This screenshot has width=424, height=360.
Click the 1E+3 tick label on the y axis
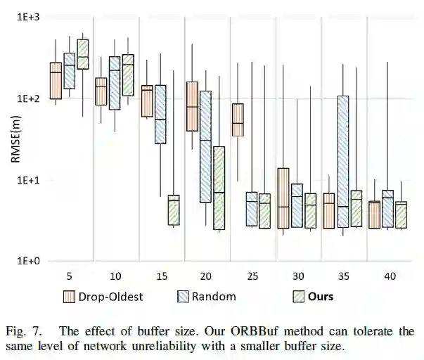coord(32,16)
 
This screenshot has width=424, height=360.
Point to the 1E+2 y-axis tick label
coord(32,98)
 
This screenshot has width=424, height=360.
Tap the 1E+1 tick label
coord(32,180)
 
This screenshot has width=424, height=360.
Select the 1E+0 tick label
coord(32,261)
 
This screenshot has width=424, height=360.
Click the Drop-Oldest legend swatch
coord(70,296)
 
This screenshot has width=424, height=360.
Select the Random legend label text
coord(217,296)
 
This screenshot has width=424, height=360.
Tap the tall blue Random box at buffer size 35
coord(344,161)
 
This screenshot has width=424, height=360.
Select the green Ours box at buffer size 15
coord(174,210)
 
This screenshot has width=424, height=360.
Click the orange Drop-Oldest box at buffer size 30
coord(283,198)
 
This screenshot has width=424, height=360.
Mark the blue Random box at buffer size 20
coord(206,146)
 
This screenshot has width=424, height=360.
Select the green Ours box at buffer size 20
coord(219,188)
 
